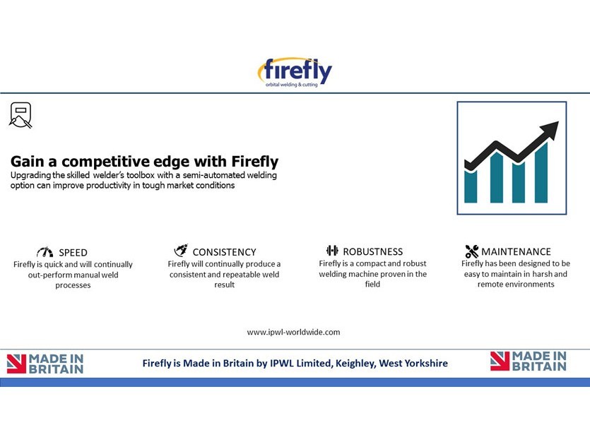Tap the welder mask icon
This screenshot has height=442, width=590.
pyautogui.click(x=20, y=115)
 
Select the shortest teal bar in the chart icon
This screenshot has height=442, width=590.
pyautogui.click(x=471, y=186)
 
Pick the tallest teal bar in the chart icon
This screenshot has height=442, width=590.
pyautogui.click(x=541, y=172)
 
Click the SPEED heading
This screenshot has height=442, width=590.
pyautogui.click(x=73, y=253)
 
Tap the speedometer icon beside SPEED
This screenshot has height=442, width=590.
pyautogui.click(x=45, y=252)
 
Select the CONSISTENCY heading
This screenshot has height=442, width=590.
pyautogui.click(x=224, y=252)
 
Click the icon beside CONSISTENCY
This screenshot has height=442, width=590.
pyautogui.click(x=181, y=250)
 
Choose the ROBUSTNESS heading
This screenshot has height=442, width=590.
pyautogui.click(x=372, y=251)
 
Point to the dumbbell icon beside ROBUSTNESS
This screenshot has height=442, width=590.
pyautogui.click(x=332, y=251)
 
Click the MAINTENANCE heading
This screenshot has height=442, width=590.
pyautogui.click(x=516, y=251)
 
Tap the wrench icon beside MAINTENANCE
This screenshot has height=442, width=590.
pyautogui.click(x=472, y=251)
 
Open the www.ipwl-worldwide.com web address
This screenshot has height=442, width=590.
pyautogui.click(x=293, y=333)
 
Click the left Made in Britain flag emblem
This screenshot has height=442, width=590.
pyautogui.click(x=16, y=364)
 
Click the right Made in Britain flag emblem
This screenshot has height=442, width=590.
pyautogui.click(x=500, y=361)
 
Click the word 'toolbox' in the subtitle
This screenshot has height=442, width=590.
pyautogui.click(x=141, y=175)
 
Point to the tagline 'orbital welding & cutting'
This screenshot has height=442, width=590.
pyautogui.click(x=292, y=85)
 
